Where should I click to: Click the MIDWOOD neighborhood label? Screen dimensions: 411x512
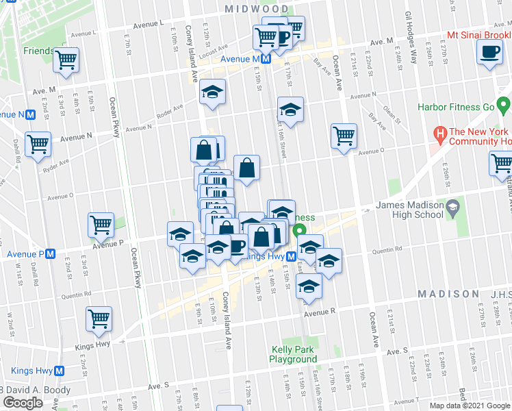pyautogui.click(x=257, y=9)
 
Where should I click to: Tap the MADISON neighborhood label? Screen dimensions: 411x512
pyautogui.click(x=448, y=293)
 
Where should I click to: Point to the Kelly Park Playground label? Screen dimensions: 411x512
pyautogui.click(x=292, y=354)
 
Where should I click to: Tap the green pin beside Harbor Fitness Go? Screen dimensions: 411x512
pyautogui.click(x=504, y=107)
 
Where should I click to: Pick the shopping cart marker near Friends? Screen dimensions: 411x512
pyautogui.click(x=66, y=60)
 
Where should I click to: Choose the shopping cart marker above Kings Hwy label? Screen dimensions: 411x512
pyautogui.click(x=99, y=319)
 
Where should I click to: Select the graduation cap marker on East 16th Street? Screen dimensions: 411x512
pyautogui.click(x=290, y=110)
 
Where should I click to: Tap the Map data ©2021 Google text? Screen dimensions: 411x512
pyautogui.click(x=469, y=406)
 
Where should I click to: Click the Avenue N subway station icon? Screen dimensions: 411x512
pyautogui.click(x=31, y=114)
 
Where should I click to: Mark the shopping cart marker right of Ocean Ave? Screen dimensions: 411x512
pyautogui.click(x=344, y=136)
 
